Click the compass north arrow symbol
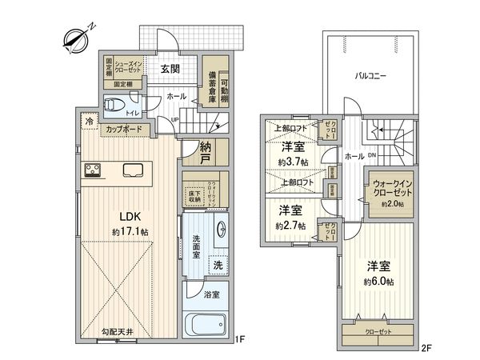click(x=74, y=37)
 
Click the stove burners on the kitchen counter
click(x=90, y=170)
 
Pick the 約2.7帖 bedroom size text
click(x=290, y=226)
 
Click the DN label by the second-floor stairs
click(x=373, y=154)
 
